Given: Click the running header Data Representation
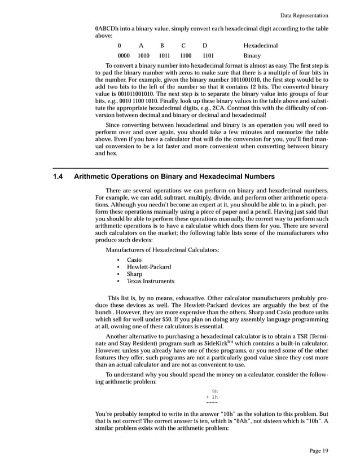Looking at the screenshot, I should [311, 15].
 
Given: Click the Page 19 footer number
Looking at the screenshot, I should [319, 450].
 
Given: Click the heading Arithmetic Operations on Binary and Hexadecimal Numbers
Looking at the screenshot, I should [174, 177].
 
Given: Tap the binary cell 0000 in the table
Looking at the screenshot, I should [124, 56].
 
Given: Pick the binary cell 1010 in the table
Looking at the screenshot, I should [143, 56].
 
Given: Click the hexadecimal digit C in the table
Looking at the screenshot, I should [183, 45].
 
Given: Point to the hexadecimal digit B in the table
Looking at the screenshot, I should [162, 45].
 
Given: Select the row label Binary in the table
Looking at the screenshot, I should [252, 56].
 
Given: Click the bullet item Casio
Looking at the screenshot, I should [134, 260].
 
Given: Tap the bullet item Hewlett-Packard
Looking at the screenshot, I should [149, 267].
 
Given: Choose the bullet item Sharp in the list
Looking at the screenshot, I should [134, 274].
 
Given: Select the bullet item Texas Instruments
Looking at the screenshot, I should [150, 281].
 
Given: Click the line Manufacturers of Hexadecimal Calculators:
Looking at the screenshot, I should [163, 250].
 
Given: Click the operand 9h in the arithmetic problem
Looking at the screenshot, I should [214, 391].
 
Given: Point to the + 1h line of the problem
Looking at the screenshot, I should [212, 397].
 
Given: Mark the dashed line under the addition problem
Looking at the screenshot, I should [212, 403].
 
